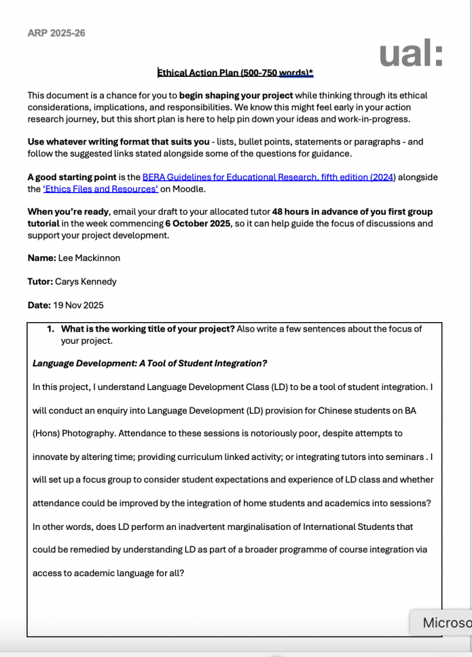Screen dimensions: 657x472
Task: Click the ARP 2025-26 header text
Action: click(57, 33)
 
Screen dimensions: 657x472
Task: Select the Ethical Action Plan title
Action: click(235, 73)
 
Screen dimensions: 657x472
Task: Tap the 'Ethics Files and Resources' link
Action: click(101, 189)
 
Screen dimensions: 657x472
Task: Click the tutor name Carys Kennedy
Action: click(86, 282)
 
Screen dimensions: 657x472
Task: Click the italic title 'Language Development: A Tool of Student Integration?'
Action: click(150, 364)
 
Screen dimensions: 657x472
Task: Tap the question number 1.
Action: click(51, 329)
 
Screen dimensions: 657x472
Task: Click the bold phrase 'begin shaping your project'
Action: click(236, 96)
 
